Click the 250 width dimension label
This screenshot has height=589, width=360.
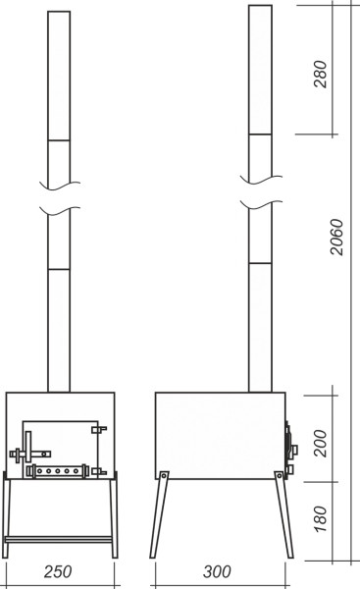(58, 571)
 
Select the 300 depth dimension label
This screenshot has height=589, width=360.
(217, 571)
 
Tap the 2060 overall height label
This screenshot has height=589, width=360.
(336, 237)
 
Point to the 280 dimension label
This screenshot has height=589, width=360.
(320, 74)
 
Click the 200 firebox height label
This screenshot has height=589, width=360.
(320, 444)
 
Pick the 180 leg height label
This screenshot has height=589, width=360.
(320, 518)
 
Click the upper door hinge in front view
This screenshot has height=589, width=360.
(99, 429)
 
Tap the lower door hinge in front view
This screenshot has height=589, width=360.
(99, 471)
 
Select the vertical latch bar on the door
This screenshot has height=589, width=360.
(28, 447)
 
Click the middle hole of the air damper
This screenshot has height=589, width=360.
(58, 471)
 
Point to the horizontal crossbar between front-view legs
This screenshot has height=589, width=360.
(58, 540)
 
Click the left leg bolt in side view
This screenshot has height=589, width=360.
(164, 475)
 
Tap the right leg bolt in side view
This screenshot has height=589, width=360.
(280, 475)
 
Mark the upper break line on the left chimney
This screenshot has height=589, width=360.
(60, 185)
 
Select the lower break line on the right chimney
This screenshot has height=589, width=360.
(261, 205)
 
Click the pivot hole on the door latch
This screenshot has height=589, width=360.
(44, 454)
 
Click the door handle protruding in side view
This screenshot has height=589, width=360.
(294, 450)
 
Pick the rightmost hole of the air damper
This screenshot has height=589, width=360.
(76, 471)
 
